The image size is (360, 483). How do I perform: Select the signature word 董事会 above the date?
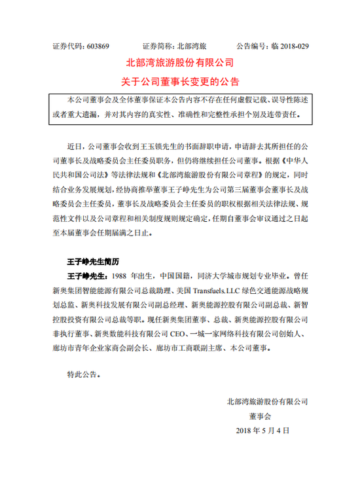click(261, 416)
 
